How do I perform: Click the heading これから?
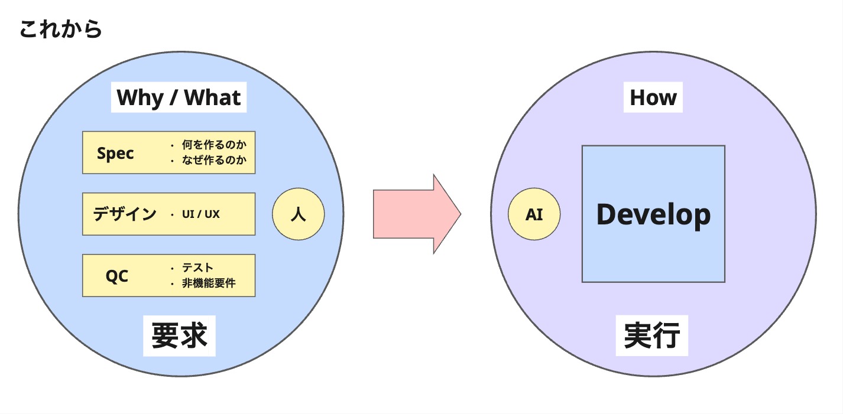click(60, 29)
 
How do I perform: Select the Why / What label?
click(179, 97)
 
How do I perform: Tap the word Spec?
click(115, 154)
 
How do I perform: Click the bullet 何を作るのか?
click(214, 145)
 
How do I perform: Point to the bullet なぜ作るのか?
click(214, 160)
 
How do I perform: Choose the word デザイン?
click(125, 214)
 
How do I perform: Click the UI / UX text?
click(201, 214)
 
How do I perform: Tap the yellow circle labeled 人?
click(298, 214)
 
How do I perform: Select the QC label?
click(117, 276)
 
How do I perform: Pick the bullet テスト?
click(197, 268)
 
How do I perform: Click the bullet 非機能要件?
click(209, 283)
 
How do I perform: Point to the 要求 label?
click(179, 335)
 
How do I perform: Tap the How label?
click(653, 97)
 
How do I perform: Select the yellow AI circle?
click(534, 214)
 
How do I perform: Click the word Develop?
click(653, 214)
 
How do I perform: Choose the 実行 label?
click(652, 335)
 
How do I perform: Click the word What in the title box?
click(213, 97)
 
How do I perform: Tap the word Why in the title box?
click(140, 97)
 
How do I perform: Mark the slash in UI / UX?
click(199, 214)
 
